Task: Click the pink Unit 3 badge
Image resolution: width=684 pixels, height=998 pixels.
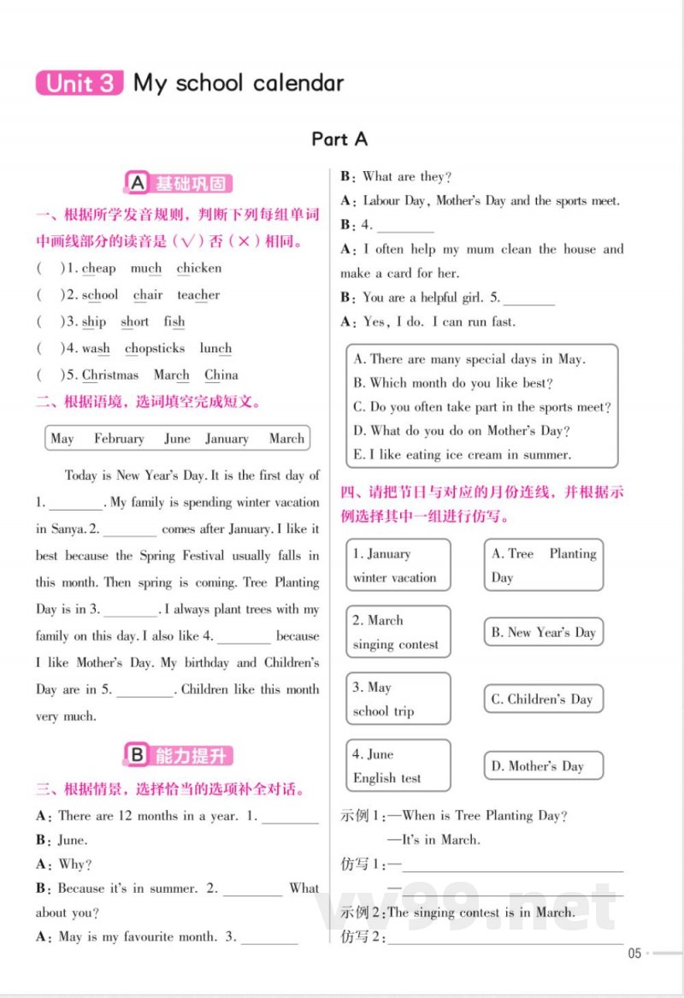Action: click(x=80, y=83)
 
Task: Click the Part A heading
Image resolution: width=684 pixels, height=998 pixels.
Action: click(x=339, y=139)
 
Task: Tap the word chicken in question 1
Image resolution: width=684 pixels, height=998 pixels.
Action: click(x=199, y=269)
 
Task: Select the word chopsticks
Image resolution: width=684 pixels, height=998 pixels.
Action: click(x=155, y=348)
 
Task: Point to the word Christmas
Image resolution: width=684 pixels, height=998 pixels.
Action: click(x=110, y=375)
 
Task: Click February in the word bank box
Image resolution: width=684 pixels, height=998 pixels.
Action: click(x=119, y=439)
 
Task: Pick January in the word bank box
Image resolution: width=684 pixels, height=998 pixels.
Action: click(x=227, y=439)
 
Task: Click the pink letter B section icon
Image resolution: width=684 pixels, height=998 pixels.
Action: click(x=136, y=754)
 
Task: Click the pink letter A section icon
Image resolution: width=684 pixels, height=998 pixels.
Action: click(x=136, y=183)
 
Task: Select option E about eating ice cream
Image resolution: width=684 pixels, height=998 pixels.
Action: click(x=463, y=455)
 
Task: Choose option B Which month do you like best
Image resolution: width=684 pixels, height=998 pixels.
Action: click(x=453, y=383)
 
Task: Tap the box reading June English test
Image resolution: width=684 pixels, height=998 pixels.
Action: click(x=398, y=766)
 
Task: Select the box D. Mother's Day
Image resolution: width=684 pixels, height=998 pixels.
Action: click(x=544, y=766)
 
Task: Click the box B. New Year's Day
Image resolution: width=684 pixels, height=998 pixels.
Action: click(x=544, y=633)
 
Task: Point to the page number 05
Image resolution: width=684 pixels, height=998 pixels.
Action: click(x=634, y=954)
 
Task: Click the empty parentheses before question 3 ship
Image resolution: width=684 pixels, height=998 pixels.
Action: click(x=50, y=322)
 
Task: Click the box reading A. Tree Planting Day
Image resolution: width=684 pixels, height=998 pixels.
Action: click(x=544, y=565)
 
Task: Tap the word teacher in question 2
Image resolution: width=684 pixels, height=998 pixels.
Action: click(x=198, y=295)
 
